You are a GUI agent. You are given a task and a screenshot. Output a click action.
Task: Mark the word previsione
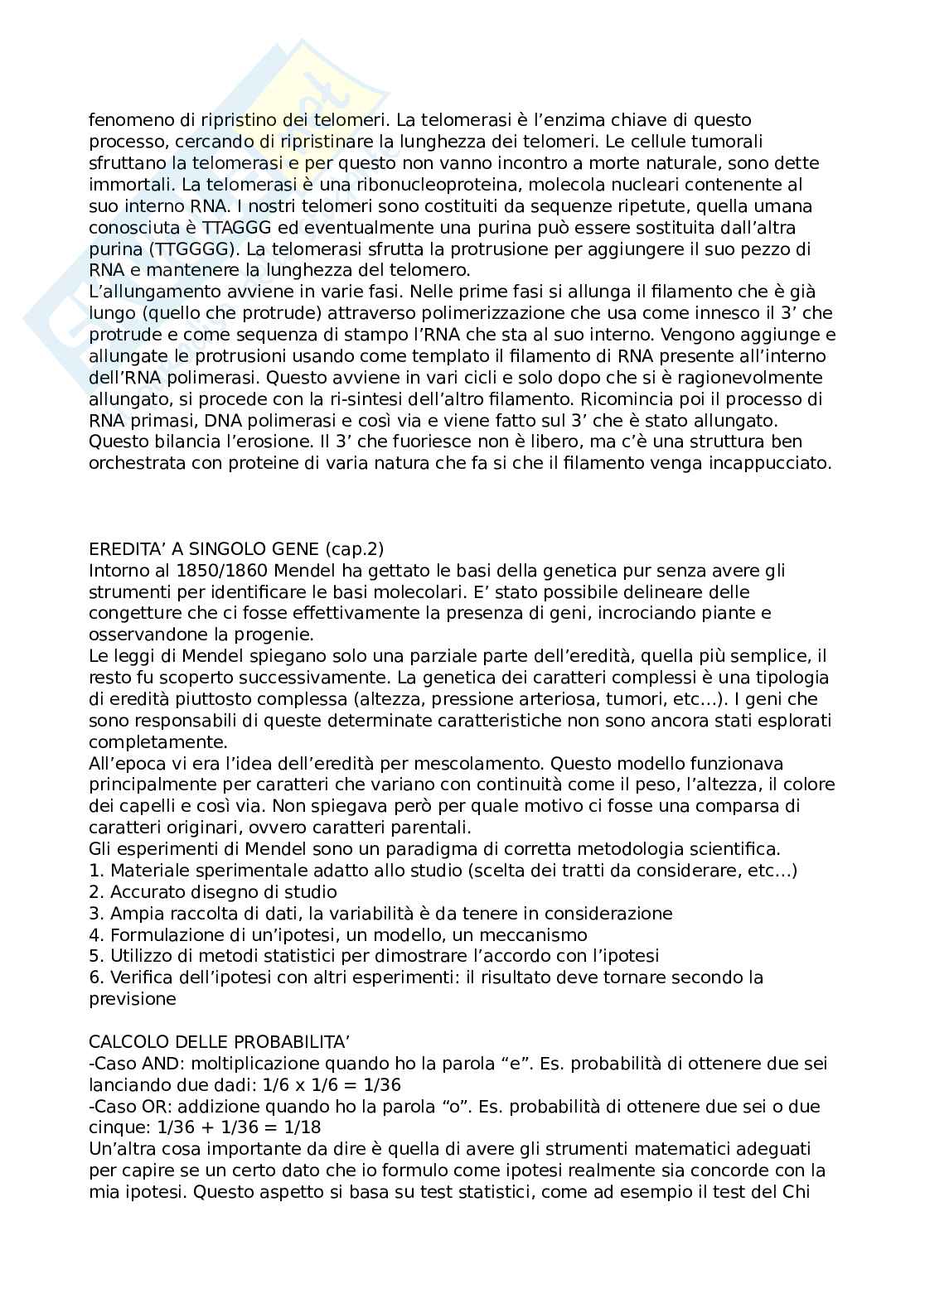coord(133,999)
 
